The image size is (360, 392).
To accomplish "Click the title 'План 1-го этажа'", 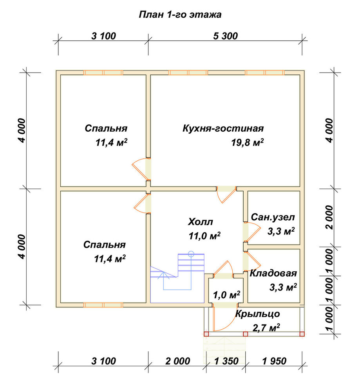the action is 180,15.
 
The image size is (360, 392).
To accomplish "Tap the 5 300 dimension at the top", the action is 225,36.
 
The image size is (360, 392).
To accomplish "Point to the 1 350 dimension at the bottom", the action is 226,361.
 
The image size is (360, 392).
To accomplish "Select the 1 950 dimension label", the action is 274,361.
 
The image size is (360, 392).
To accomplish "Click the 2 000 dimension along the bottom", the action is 177,361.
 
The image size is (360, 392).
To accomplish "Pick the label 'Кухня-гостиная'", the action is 223,128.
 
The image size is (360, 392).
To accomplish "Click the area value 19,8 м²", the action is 247,143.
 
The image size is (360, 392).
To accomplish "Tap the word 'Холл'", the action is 200,222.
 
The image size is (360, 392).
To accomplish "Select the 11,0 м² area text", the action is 204,236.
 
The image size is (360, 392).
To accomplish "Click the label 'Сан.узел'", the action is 273,217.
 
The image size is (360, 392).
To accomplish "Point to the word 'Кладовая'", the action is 273,274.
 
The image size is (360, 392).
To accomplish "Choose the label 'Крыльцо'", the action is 258,314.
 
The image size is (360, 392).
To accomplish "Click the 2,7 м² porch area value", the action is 266,328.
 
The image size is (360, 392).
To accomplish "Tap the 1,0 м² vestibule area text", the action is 226,295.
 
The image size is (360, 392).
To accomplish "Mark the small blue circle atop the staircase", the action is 191,254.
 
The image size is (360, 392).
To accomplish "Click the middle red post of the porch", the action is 245,334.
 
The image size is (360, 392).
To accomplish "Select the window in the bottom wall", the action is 103,305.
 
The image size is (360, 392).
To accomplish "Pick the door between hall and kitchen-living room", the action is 226,195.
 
